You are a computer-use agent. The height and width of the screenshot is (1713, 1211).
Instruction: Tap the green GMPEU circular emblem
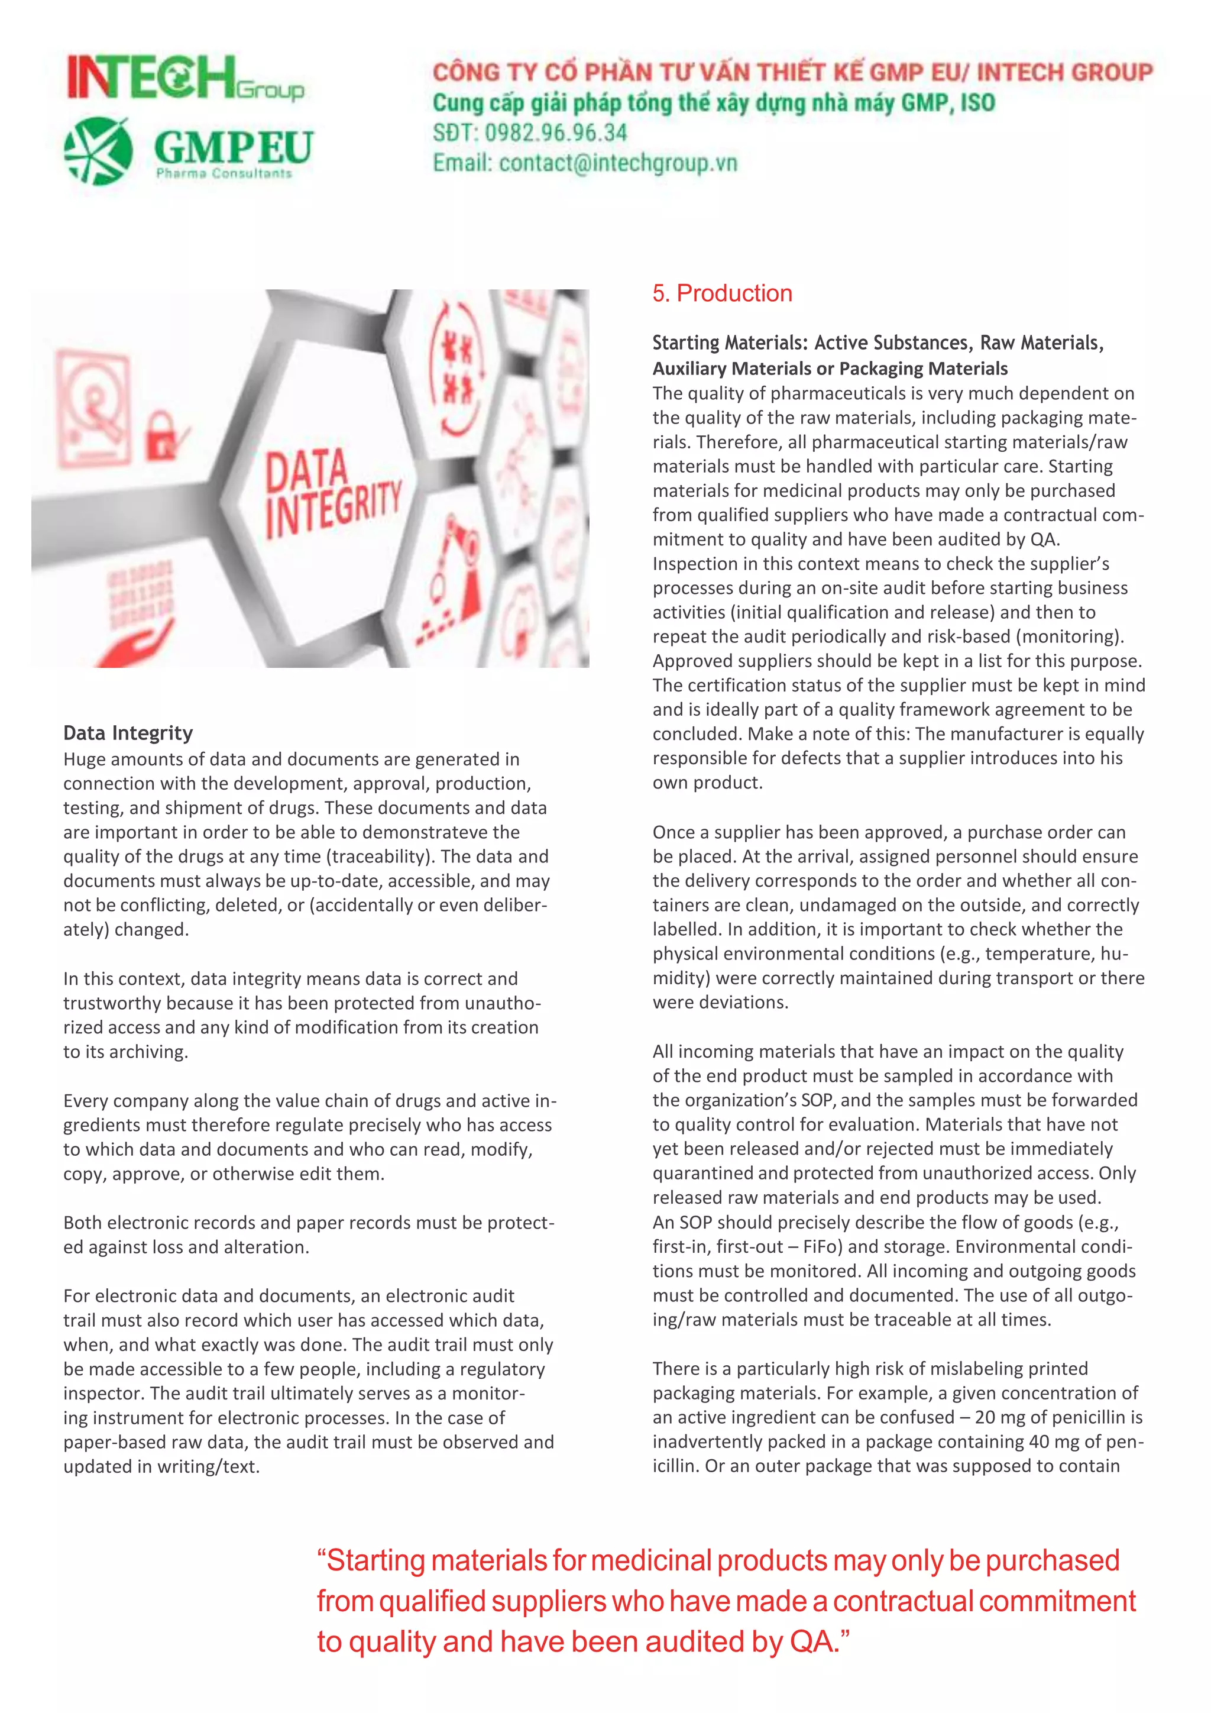point(98,151)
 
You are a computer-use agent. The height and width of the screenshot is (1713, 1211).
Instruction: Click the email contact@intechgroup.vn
point(617,163)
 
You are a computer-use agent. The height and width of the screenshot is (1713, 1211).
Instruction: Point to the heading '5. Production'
point(722,293)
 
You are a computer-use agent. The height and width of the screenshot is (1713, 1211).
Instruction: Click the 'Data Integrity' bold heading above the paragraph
point(128,733)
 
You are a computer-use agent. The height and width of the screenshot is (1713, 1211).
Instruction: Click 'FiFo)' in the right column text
point(822,1247)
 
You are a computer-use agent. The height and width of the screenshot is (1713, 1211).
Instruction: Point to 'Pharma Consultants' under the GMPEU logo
point(224,174)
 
